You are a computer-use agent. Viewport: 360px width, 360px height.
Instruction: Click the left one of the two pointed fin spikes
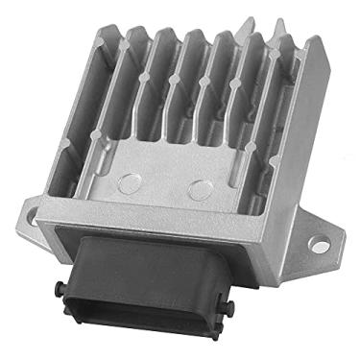click(252, 21)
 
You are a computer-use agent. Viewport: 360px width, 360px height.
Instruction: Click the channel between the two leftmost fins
click(123, 96)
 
